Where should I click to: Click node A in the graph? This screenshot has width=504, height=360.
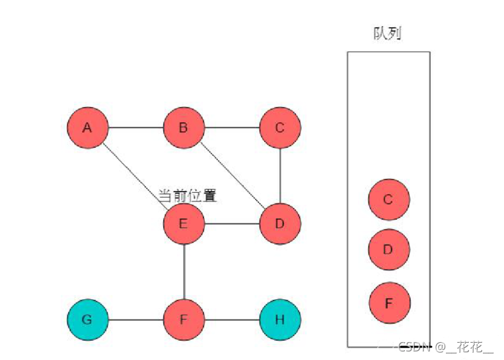coord(87,127)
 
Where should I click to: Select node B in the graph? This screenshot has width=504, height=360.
coord(184,127)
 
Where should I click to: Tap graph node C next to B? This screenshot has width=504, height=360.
coord(280,127)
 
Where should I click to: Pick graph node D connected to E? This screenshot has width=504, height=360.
coord(280,223)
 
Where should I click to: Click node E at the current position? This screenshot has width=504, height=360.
coord(184,223)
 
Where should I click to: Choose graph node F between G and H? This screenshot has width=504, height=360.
coord(184,320)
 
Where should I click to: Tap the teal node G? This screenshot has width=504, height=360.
coord(87,320)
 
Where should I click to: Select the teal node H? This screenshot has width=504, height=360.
coord(280,320)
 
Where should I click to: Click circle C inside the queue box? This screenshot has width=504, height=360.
coord(388,199)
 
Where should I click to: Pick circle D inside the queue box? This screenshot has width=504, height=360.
coord(388,250)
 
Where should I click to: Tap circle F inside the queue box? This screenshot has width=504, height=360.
coord(388,303)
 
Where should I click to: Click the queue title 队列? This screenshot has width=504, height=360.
coord(388,33)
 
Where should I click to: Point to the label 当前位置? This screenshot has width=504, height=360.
coord(188,196)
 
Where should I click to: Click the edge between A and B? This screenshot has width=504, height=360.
coord(135,127)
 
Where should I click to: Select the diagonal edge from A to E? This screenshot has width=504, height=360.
coord(135,176)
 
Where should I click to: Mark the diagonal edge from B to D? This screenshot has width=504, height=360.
coord(232,176)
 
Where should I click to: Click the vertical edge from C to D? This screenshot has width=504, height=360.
coord(280,176)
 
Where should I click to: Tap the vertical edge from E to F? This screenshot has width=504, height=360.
coord(184,272)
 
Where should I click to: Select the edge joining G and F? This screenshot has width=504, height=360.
coord(135,320)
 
